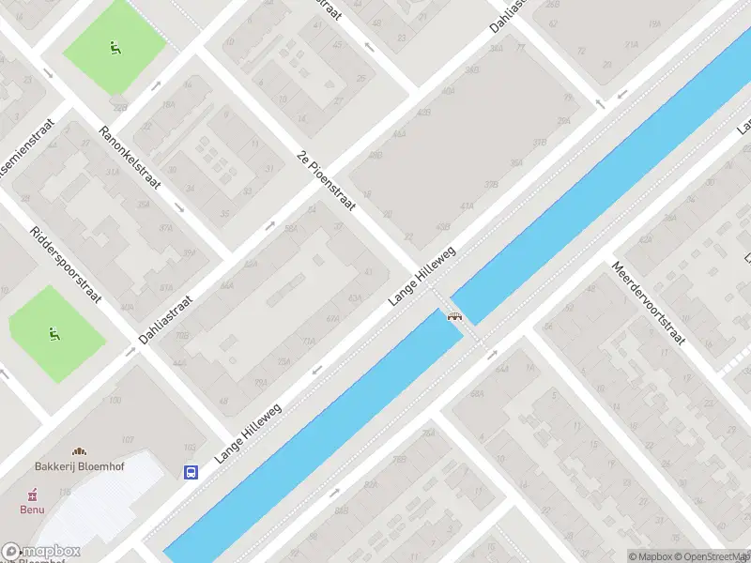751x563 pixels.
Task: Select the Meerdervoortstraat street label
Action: pyautogui.click(x=648, y=302)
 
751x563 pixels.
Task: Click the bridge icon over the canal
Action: pyautogui.click(x=456, y=316)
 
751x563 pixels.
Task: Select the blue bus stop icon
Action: pyautogui.click(x=192, y=473)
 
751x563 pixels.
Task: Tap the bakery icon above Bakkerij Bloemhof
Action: pyautogui.click(x=79, y=451)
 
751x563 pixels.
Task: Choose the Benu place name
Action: pyautogui.click(x=33, y=510)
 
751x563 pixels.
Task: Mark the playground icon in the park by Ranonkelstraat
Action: pyautogui.click(x=115, y=47)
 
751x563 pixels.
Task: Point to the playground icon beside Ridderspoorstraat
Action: pyautogui.click(x=54, y=332)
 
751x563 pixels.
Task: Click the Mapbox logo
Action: pyautogui.click(x=40, y=552)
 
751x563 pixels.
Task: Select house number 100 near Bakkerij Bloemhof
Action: pyautogui.click(x=115, y=401)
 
